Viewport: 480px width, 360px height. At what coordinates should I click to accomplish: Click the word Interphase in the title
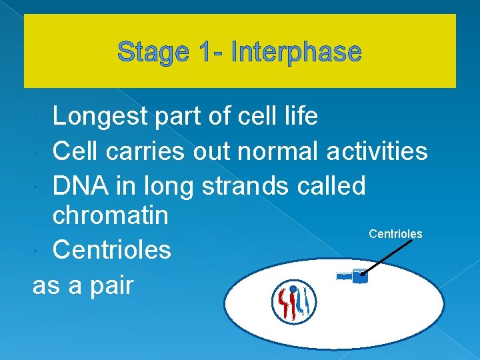[296, 52]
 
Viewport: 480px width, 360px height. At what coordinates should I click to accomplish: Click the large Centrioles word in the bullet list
[111, 250]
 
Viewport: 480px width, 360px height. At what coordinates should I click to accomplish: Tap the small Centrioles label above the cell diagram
[395, 234]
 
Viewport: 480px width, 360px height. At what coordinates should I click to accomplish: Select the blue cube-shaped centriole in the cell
[360, 277]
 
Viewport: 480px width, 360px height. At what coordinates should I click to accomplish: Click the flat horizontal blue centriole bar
[344, 276]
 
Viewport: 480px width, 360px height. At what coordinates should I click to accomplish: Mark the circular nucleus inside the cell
[294, 302]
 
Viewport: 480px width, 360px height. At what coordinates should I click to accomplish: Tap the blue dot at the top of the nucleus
[293, 289]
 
